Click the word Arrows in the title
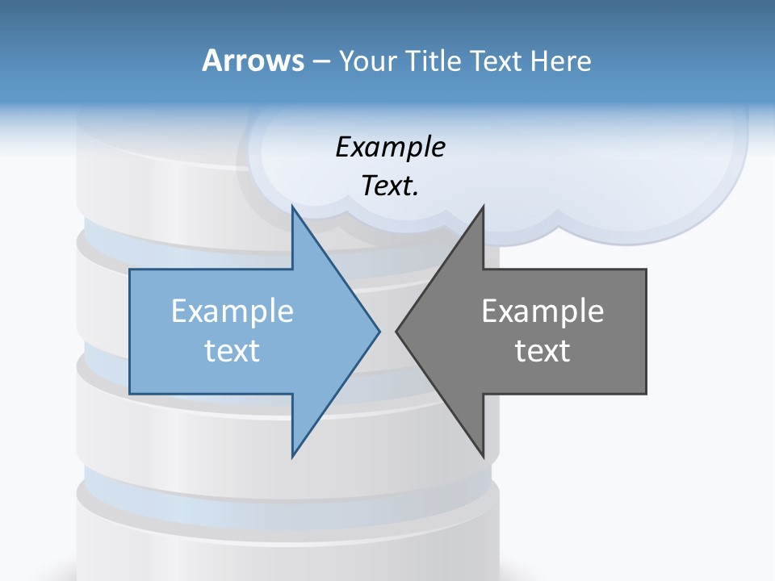pyautogui.click(x=253, y=61)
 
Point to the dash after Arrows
pyautogui.click(x=320, y=61)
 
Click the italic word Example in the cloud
pyautogui.click(x=391, y=148)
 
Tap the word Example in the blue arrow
pyautogui.click(x=232, y=311)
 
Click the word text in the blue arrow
pyautogui.click(x=232, y=351)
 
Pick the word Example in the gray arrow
pyautogui.click(x=542, y=311)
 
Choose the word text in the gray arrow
pyautogui.click(x=542, y=351)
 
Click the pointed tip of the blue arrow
pyautogui.click(x=379, y=331)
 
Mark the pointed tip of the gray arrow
pyautogui.click(x=397, y=331)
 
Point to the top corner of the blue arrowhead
pyautogui.click(x=293, y=207)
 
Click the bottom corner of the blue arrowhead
pyautogui.click(x=293, y=455)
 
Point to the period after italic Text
pyautogui.click(x=416, y=194)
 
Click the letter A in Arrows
pyautogui.click(x=212, y=61)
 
